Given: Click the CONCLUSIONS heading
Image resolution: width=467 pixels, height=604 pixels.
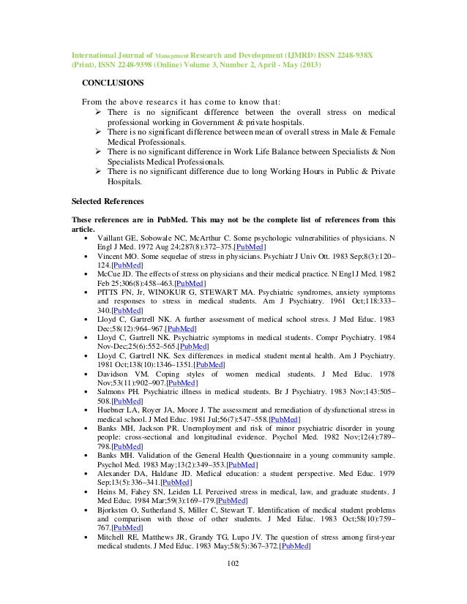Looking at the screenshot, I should click(x=112, y=83).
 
